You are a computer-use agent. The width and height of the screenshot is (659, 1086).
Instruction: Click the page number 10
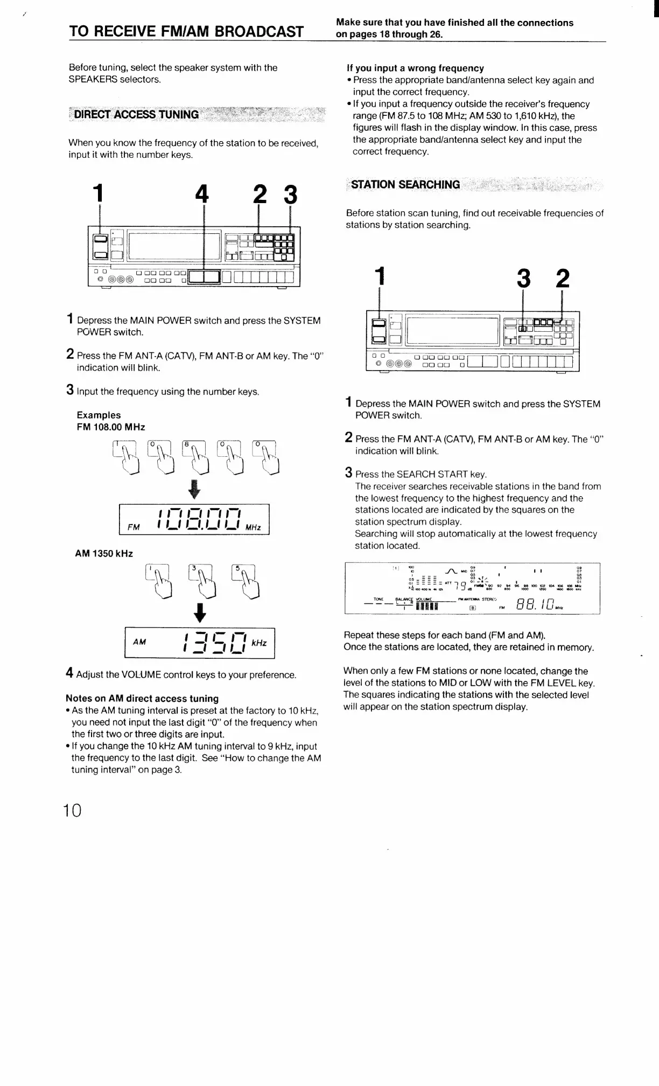coord(73,810)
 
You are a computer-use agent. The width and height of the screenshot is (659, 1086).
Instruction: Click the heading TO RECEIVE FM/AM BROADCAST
coord(186,31)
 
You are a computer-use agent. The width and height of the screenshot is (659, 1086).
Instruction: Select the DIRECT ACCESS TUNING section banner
coord(136,114)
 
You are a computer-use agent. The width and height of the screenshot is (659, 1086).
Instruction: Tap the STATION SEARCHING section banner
coord(405,185)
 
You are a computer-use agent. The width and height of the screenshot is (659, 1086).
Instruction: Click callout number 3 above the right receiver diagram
coord(523,279)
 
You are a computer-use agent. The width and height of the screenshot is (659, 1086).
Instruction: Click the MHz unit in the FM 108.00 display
coord(253,527)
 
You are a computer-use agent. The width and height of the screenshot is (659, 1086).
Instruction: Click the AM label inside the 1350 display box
coord(139,642)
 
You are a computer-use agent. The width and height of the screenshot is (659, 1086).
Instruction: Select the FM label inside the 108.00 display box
coord(133,527)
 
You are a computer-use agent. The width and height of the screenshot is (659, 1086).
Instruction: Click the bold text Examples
coord(99,415)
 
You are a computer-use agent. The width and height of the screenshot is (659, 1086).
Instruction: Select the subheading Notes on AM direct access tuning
coord(142,698)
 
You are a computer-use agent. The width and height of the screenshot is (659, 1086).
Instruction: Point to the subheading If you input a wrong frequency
coord(415,68)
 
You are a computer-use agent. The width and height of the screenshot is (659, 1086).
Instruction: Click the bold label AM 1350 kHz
coord(104,553)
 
